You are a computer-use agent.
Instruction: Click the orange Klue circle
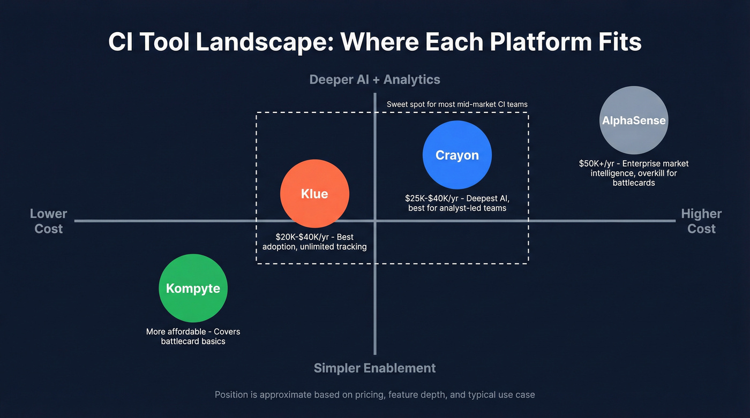(x=314, y=194)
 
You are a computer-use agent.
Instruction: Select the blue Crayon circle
(x=457, y=155)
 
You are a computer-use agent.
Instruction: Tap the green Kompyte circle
(x=193, y=288)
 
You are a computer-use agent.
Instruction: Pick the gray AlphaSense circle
(x=634, y=120)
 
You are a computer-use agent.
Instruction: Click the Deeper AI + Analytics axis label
(x=374, y=80)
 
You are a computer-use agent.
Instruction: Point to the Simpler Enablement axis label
(x=374, y=368)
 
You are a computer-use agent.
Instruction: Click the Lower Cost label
(x=48, y=221)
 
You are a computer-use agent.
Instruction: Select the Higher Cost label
(x=701, y=221)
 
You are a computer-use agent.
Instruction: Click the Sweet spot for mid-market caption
(x=457, y=104)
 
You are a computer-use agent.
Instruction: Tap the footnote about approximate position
(x=374, y=395)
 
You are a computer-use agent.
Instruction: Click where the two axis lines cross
(x=374, y=221)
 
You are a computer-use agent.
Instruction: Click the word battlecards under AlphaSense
(x=633, y=183)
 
